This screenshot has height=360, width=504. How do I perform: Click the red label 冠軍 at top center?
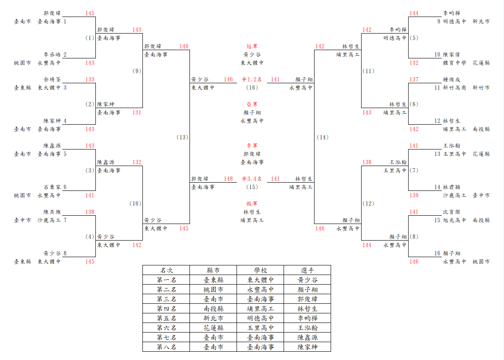point(252,46)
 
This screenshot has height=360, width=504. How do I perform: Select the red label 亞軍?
point(252,104)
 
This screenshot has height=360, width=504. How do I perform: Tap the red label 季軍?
point(252,146)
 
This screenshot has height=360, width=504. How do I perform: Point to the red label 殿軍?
point(252,204)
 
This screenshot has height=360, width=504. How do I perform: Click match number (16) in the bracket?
point(252,88)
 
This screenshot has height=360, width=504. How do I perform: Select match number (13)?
point(182,137)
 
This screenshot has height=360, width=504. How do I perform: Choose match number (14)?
point(323,137)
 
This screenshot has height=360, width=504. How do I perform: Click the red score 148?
point(229,179)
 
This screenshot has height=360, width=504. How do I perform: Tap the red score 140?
point(184,46)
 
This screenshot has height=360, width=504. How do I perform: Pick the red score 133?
point(90,79)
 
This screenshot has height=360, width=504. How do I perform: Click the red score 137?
point(414,79)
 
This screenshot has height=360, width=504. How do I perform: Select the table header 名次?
point(166,270)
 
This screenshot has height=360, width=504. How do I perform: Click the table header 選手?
point(307,270)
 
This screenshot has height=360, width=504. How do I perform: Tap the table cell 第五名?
point(166,318)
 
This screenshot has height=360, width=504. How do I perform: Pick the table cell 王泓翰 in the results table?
point(307,328)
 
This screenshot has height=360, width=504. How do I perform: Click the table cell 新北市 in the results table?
point(213,318)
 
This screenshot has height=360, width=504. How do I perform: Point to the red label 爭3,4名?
point(252,179)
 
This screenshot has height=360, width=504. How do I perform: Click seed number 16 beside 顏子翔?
point(437,254)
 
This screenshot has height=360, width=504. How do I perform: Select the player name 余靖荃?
point(52,79)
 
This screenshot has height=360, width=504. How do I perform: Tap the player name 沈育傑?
point(452,212)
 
